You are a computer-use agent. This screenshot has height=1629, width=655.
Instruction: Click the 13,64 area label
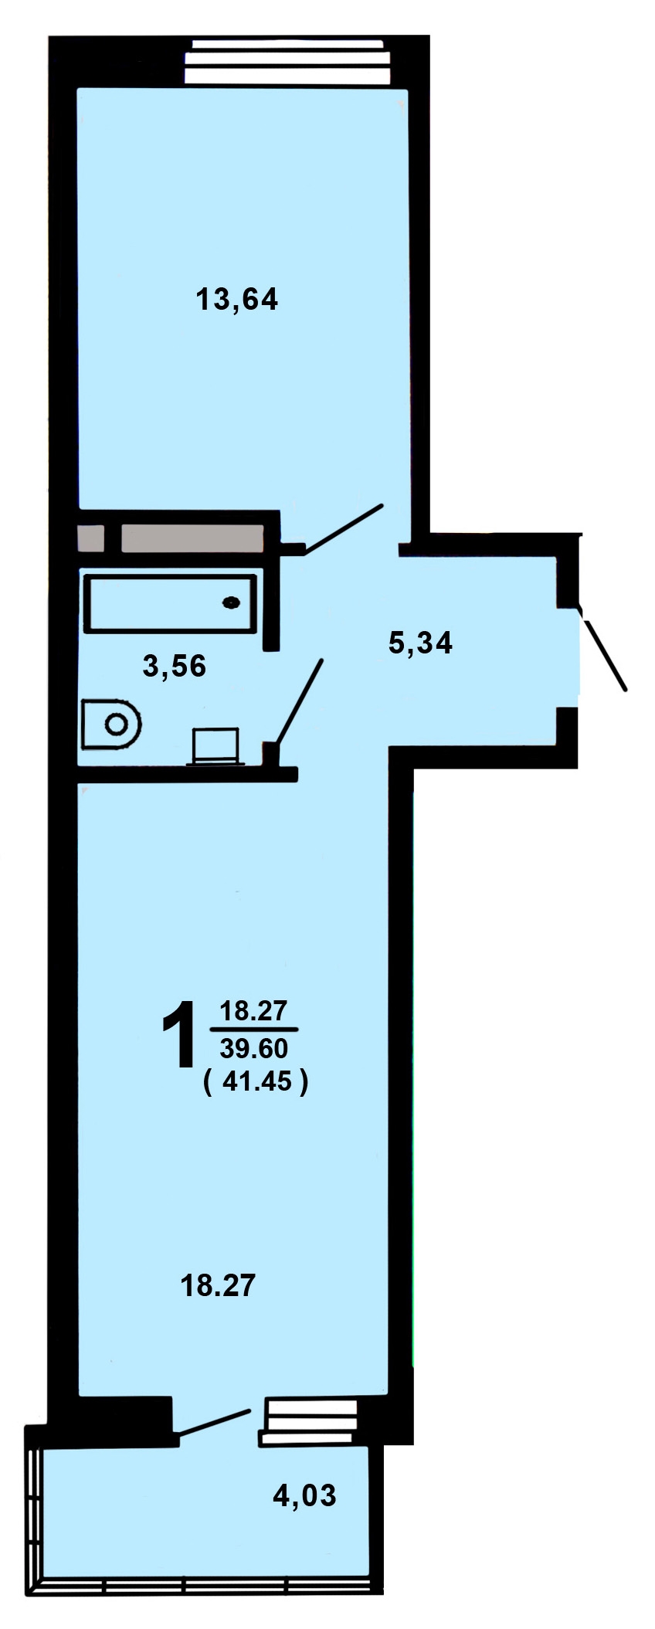[237, 299]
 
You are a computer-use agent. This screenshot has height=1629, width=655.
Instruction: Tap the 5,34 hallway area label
[420, 642]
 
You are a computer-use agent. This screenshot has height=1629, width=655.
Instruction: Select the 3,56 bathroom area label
[175, 666]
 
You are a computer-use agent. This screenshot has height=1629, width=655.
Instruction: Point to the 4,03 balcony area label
[304, 1496]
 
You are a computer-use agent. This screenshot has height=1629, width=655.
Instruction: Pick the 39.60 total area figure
[253, 1048]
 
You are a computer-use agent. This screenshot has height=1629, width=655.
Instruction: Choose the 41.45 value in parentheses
[257, 1082]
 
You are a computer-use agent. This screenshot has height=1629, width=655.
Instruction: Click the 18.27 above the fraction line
[253, 1010]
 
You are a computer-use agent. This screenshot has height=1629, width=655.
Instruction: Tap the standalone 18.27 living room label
[217, 1286]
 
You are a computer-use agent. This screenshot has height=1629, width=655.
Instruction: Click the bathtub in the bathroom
[171, 603]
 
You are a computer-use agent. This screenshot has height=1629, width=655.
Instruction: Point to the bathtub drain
[231, 602]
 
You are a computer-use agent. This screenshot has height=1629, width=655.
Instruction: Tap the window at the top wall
[287, 62]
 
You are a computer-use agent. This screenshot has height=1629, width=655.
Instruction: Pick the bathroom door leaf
[299, 703]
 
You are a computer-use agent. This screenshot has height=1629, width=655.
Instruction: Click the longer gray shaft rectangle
[192, 538]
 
